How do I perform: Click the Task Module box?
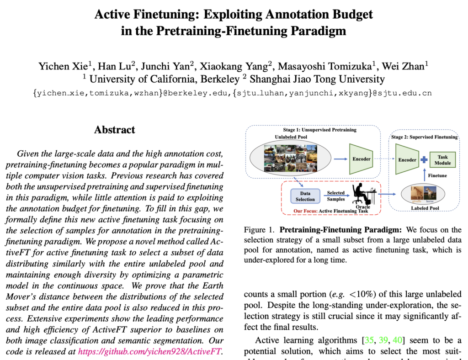[x=442, y=160]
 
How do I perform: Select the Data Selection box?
[x=305, y=196]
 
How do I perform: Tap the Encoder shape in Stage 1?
[x=362, y=159]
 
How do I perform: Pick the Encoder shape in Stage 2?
[x=407, y=160]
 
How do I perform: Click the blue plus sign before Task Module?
[x=424, y=160]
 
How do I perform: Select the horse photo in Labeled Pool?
[x=430, y=194]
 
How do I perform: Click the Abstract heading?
[x=115, y=130]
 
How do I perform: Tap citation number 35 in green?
[x=369, y=340]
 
